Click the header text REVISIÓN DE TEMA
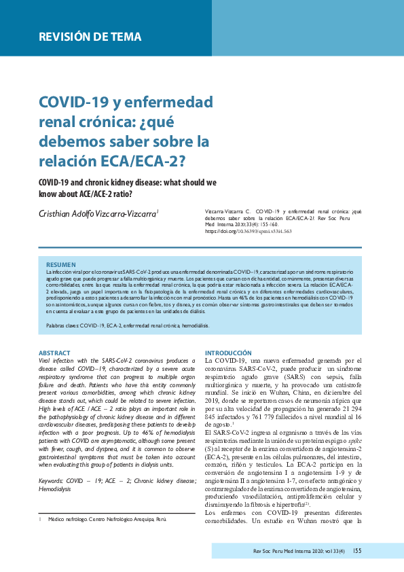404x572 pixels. pyautogui.click(x=90, y=36)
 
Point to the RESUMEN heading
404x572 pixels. pyautogui.click(x=61, y=264)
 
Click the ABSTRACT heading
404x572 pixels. pyautogui.click(x=54, y=353)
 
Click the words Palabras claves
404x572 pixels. pyautogui.click(x=62, y=326)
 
